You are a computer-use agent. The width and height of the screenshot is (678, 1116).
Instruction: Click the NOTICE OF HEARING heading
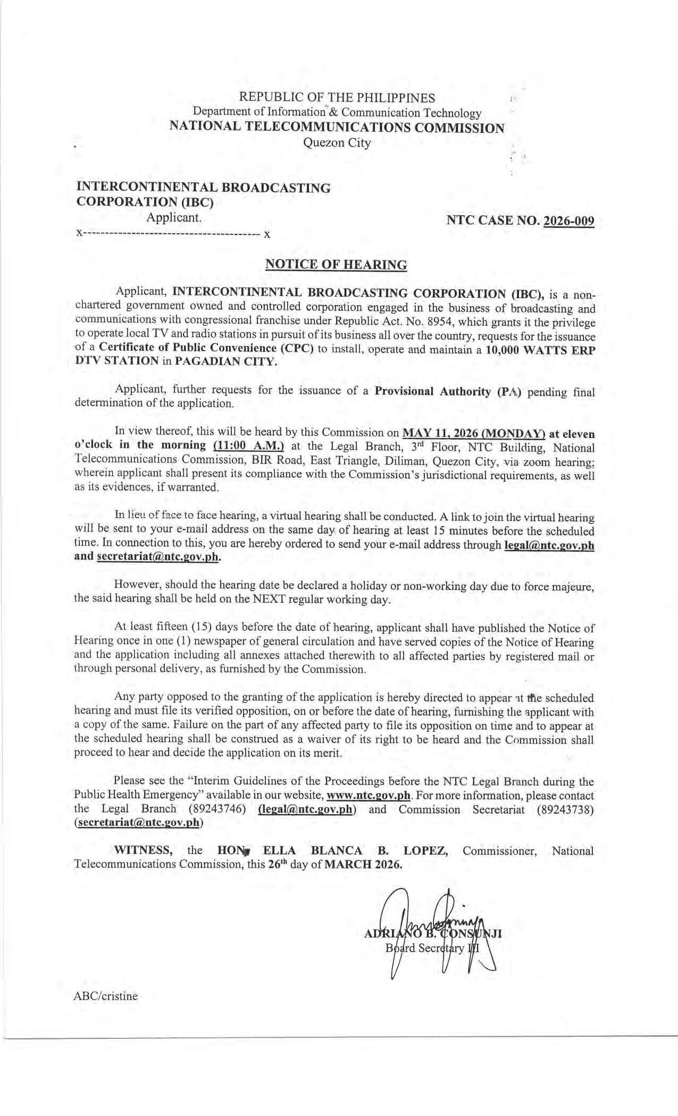coord(336,265)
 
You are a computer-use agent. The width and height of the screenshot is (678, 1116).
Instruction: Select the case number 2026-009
coord(568,221)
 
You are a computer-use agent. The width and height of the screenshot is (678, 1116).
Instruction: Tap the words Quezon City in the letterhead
coord(337,143)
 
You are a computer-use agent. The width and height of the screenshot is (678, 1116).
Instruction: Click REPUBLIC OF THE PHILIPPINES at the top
coord(337,98)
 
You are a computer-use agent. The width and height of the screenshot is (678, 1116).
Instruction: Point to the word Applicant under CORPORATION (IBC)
coord(174,217)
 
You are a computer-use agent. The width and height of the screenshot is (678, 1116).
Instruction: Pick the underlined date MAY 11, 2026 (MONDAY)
coord(474,434)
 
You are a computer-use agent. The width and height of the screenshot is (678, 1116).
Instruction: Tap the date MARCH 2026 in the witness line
coord(363,864)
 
